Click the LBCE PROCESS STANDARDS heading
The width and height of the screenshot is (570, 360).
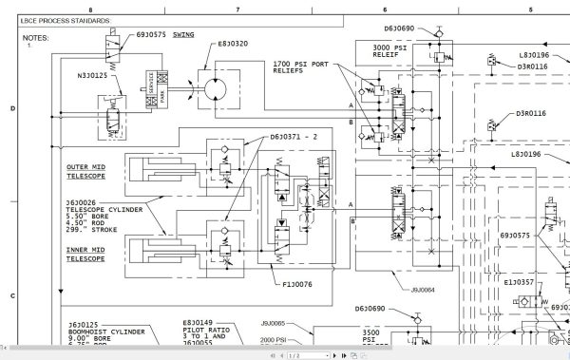click(64, 20)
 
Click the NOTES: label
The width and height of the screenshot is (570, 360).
click(35, 38)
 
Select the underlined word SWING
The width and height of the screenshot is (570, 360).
click(183, 34)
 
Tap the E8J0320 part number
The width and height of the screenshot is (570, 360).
click(232, 44)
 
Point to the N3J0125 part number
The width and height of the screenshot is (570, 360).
click(93, 75)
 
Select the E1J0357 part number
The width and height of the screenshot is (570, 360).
click(519, 282)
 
